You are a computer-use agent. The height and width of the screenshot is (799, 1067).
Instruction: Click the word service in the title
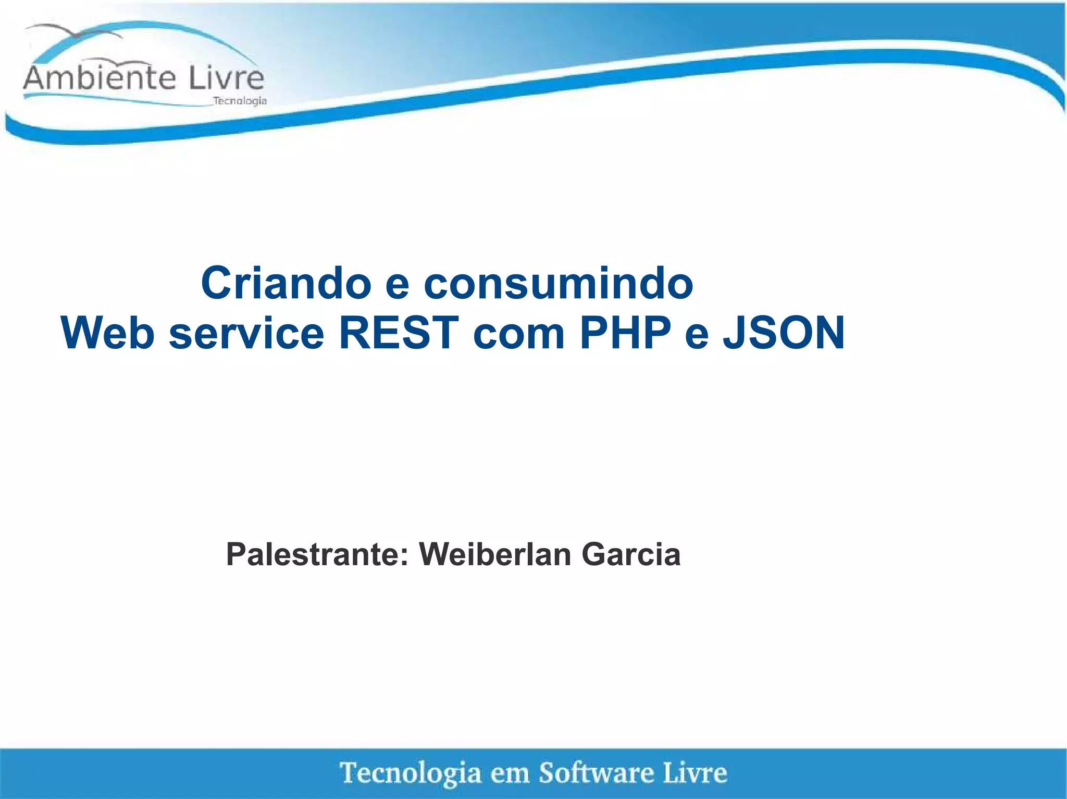click(246, 333)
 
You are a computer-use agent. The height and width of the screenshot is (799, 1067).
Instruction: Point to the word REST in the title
click(399, 333)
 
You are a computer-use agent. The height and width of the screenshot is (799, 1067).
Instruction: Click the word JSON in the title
click(784, 333)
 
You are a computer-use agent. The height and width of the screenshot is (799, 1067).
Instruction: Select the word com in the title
click(519, 334)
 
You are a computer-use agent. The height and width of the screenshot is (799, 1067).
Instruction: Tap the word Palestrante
click(317, 554)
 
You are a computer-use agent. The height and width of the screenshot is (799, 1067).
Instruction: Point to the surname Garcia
click(631, 554)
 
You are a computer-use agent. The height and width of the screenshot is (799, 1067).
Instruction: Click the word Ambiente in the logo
click(99, 78)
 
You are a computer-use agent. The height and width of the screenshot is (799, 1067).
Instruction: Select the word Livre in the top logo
click(226, 78)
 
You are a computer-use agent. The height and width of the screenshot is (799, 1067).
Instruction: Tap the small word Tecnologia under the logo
click(240, 101)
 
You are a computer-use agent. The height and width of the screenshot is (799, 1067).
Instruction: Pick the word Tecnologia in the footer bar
click(411, 772)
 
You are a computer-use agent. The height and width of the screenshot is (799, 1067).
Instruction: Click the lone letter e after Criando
click(398, 284)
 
